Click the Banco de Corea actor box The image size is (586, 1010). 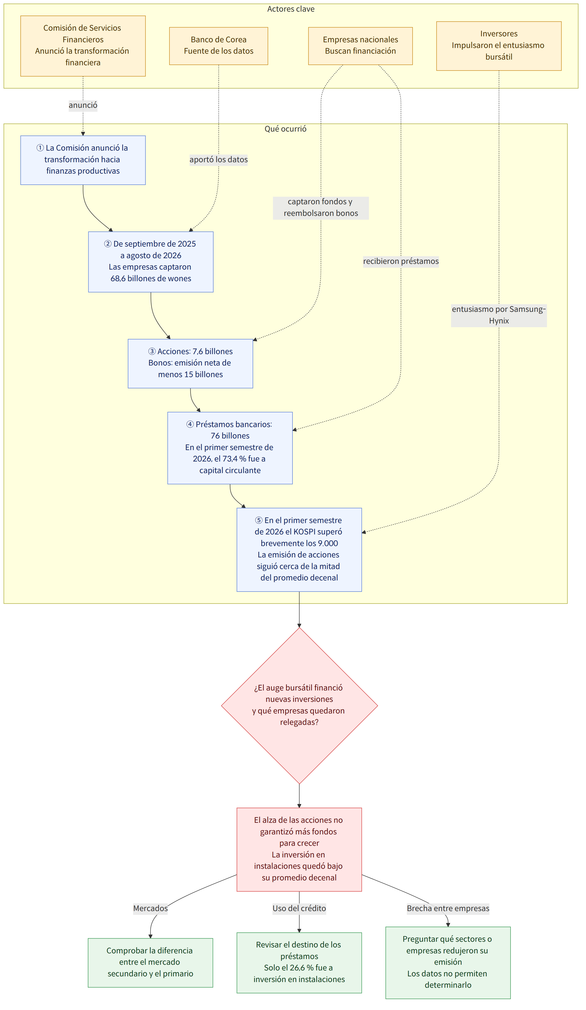click(x=219, y=46)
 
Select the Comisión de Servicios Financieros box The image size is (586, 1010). click(x=83, y=46)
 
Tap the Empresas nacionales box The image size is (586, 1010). click(x=360, y=46)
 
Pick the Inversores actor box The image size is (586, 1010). click(x=499, y=46)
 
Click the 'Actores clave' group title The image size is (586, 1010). click(x=291, y=9)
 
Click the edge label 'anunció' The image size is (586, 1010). click(x=83, y=105)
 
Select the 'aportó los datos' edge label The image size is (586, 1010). click(x=219, y=160)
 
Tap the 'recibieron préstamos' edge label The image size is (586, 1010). click(x=401, y=261)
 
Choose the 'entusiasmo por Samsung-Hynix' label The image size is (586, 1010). click(x=499, y=315)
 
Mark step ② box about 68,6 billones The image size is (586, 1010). click(x=151, y=262)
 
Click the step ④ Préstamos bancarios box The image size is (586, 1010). click(x=230, y=448)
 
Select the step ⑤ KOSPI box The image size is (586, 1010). click(x=299, y=550)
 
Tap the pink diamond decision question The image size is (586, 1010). click(x=299, y=705)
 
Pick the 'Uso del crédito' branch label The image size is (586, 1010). click(x=299, y=908)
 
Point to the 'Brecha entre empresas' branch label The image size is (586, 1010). click(x=448, y=908)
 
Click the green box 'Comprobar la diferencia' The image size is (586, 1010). click(x=150, y=963)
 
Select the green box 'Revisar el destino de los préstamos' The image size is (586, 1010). click(x=299, y=963)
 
